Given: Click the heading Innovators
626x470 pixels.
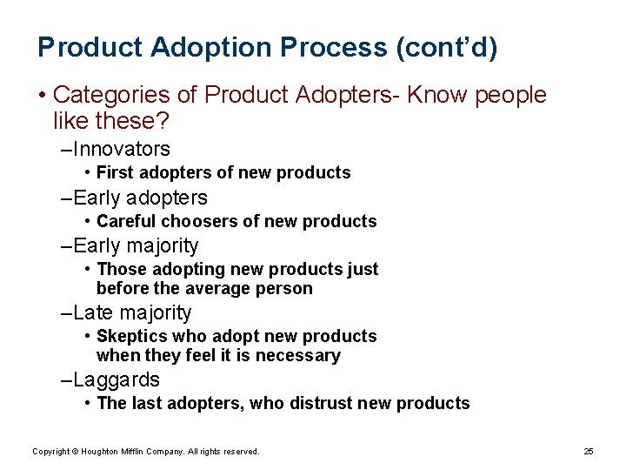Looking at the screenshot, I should coord(122,149).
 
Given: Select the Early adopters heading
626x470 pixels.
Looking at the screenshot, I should coord(141,198).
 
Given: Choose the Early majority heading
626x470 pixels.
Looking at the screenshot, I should coord(137,246).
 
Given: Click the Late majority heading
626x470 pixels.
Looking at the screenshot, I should coord(132,312).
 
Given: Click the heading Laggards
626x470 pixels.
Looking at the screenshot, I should coord(117,379).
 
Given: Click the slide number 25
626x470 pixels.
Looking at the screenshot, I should coord(589,451).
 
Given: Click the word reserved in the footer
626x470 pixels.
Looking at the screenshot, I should coord(241,451).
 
